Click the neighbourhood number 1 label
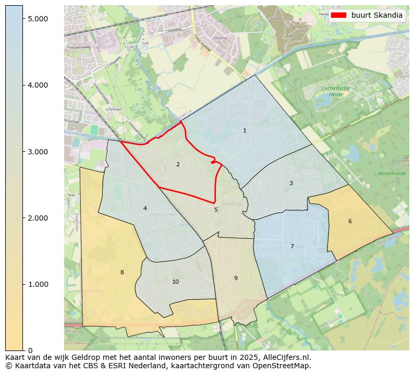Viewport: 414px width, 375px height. (x=245, y=130)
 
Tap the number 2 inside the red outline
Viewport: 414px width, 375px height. (x=178, y=164)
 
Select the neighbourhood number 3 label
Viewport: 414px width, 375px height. (x=291, y=183)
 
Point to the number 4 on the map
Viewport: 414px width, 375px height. (x=145, y=208)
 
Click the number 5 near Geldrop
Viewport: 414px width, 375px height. (x=216, y=210)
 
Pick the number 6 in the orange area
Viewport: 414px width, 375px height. (x=350, y=221)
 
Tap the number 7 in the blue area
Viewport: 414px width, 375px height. (x=292, y=246)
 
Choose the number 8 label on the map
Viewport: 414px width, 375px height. (x=122, y=272)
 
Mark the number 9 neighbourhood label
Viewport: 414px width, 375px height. (x=236, y=278)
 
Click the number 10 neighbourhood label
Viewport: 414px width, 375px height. (x=175, y=282)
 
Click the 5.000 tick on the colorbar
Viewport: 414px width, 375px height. (x=38, y=19)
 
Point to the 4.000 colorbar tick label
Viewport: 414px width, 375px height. (x=38, y=85)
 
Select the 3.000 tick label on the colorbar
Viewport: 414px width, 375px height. (x=38, y=152)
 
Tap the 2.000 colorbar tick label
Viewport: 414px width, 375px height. (x=38, y=218)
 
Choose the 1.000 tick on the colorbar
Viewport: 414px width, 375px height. (x=38, y=284)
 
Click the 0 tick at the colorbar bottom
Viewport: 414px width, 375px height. (x=30, y=350)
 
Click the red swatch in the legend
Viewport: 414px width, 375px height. (x=338, y=15)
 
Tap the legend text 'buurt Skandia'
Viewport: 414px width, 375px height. (x=376, y=15)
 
